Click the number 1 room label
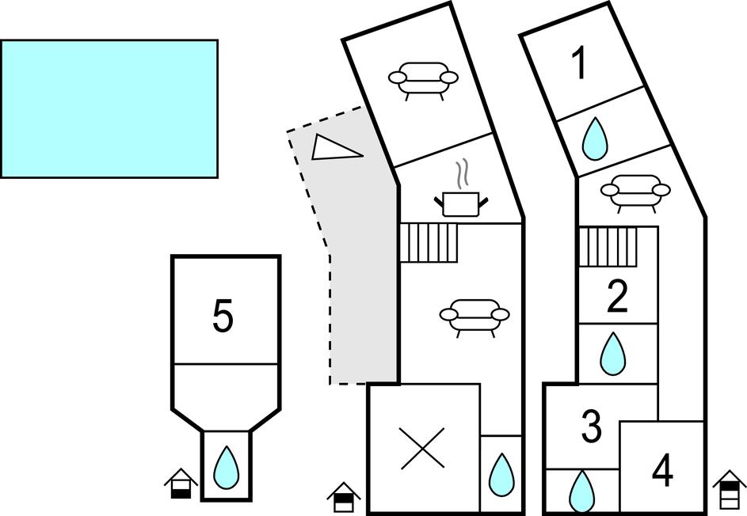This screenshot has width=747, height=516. [x=581, y=64]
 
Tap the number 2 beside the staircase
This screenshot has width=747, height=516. [x=616, y=297]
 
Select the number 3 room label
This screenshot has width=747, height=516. [x=591, y=427]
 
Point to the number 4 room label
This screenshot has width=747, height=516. [x=662, y=470]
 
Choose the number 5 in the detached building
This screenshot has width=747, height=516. [x=223, y=317]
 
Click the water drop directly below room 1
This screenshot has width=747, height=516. [x=595, y=139]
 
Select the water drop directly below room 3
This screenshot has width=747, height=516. [x=582, y=491]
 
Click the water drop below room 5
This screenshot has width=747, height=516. [x=227, y=467]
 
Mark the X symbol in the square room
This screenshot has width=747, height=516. [x=422, y=449]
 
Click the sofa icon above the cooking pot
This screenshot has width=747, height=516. [x=423, y=79]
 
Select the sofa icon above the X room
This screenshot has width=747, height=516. [x=474, y=316]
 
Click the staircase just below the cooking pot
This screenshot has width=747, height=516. [x=429, y=242]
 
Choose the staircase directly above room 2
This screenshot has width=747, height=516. [x=608, y=248]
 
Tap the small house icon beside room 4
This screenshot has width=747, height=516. [x=730, y=489]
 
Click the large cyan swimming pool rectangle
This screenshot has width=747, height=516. [x=109, y=108]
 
